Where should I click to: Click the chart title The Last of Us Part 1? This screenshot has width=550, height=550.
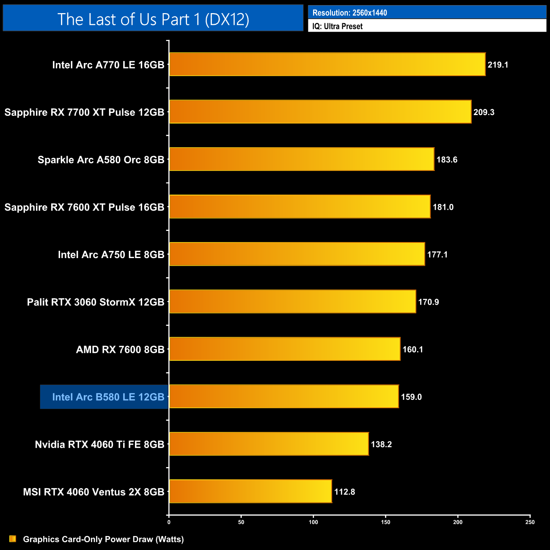(x=153, y=19)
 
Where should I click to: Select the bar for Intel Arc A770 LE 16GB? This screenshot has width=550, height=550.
(x=327, y=64)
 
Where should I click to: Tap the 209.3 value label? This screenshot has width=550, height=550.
(x=484, y=112)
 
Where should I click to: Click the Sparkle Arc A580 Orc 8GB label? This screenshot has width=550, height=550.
(x=101, y=159)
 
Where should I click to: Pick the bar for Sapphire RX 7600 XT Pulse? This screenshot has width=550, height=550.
(x=300, y=206)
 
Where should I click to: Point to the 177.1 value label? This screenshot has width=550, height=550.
(x=437, y=254)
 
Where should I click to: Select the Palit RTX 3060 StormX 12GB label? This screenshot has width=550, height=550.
(x=96, y=302)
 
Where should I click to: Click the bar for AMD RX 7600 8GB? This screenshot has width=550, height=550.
(x=284, y=349)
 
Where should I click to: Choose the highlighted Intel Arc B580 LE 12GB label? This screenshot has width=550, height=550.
(x=108, y=397)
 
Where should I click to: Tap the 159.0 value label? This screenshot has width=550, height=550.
(x=411, y=397)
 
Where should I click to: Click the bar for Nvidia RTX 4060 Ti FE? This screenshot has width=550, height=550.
(x=269, y=444)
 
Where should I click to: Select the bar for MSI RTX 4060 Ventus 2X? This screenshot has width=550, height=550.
(x=250, y=491)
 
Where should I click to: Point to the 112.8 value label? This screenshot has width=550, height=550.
(x=345, y=492)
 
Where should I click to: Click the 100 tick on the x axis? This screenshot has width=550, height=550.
(x=313, y=522)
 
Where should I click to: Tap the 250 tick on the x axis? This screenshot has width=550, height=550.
(x=530, y=522)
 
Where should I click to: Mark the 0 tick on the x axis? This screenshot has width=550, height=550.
(x=169, y=522)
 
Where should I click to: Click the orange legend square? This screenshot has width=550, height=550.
(x=13, y=539)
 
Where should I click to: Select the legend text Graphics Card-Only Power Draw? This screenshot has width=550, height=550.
(x=103, y=539)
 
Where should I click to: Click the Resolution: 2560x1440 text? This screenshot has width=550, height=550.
(x=349, y=13)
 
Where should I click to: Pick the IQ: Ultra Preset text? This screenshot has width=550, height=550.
(x=337, y=26)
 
